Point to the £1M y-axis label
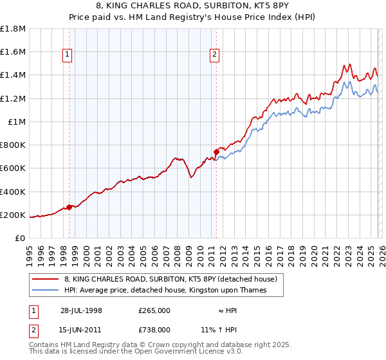[x=17, y=122]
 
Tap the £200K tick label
[x=13, y=215]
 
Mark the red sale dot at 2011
[x=216, y=152]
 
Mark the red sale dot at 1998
[x=69, y=207]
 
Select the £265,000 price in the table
[x=154, y=310]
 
